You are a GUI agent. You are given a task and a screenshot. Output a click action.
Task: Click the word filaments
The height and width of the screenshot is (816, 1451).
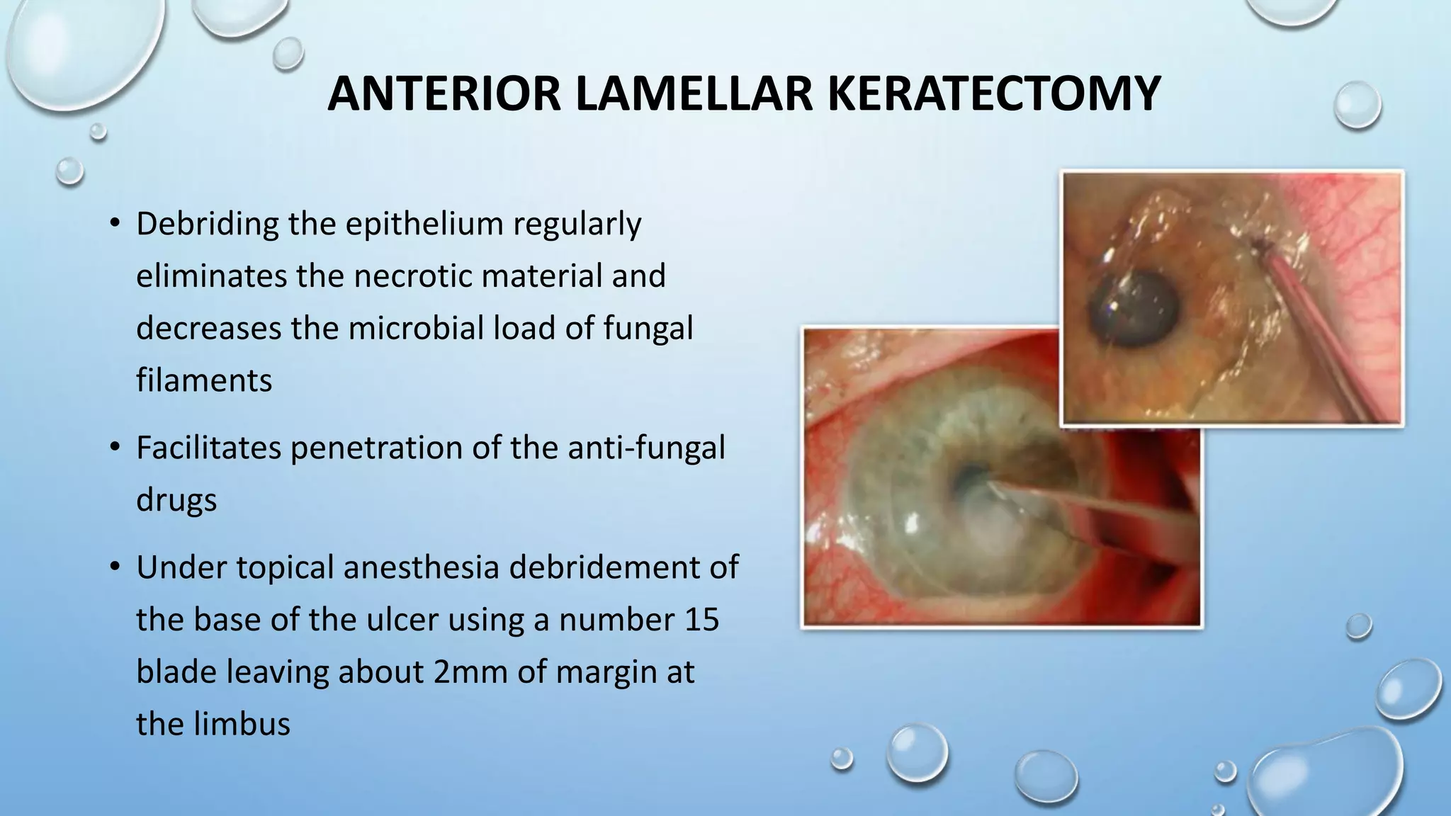(x=204, y=380)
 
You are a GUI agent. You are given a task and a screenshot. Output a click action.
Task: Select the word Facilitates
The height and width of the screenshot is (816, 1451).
(x=208, y=448)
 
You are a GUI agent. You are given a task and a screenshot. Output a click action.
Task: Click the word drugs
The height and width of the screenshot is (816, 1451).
(x=176, y=500)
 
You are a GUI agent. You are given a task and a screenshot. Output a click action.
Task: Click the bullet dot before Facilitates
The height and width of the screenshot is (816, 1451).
(x=114, y=448)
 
